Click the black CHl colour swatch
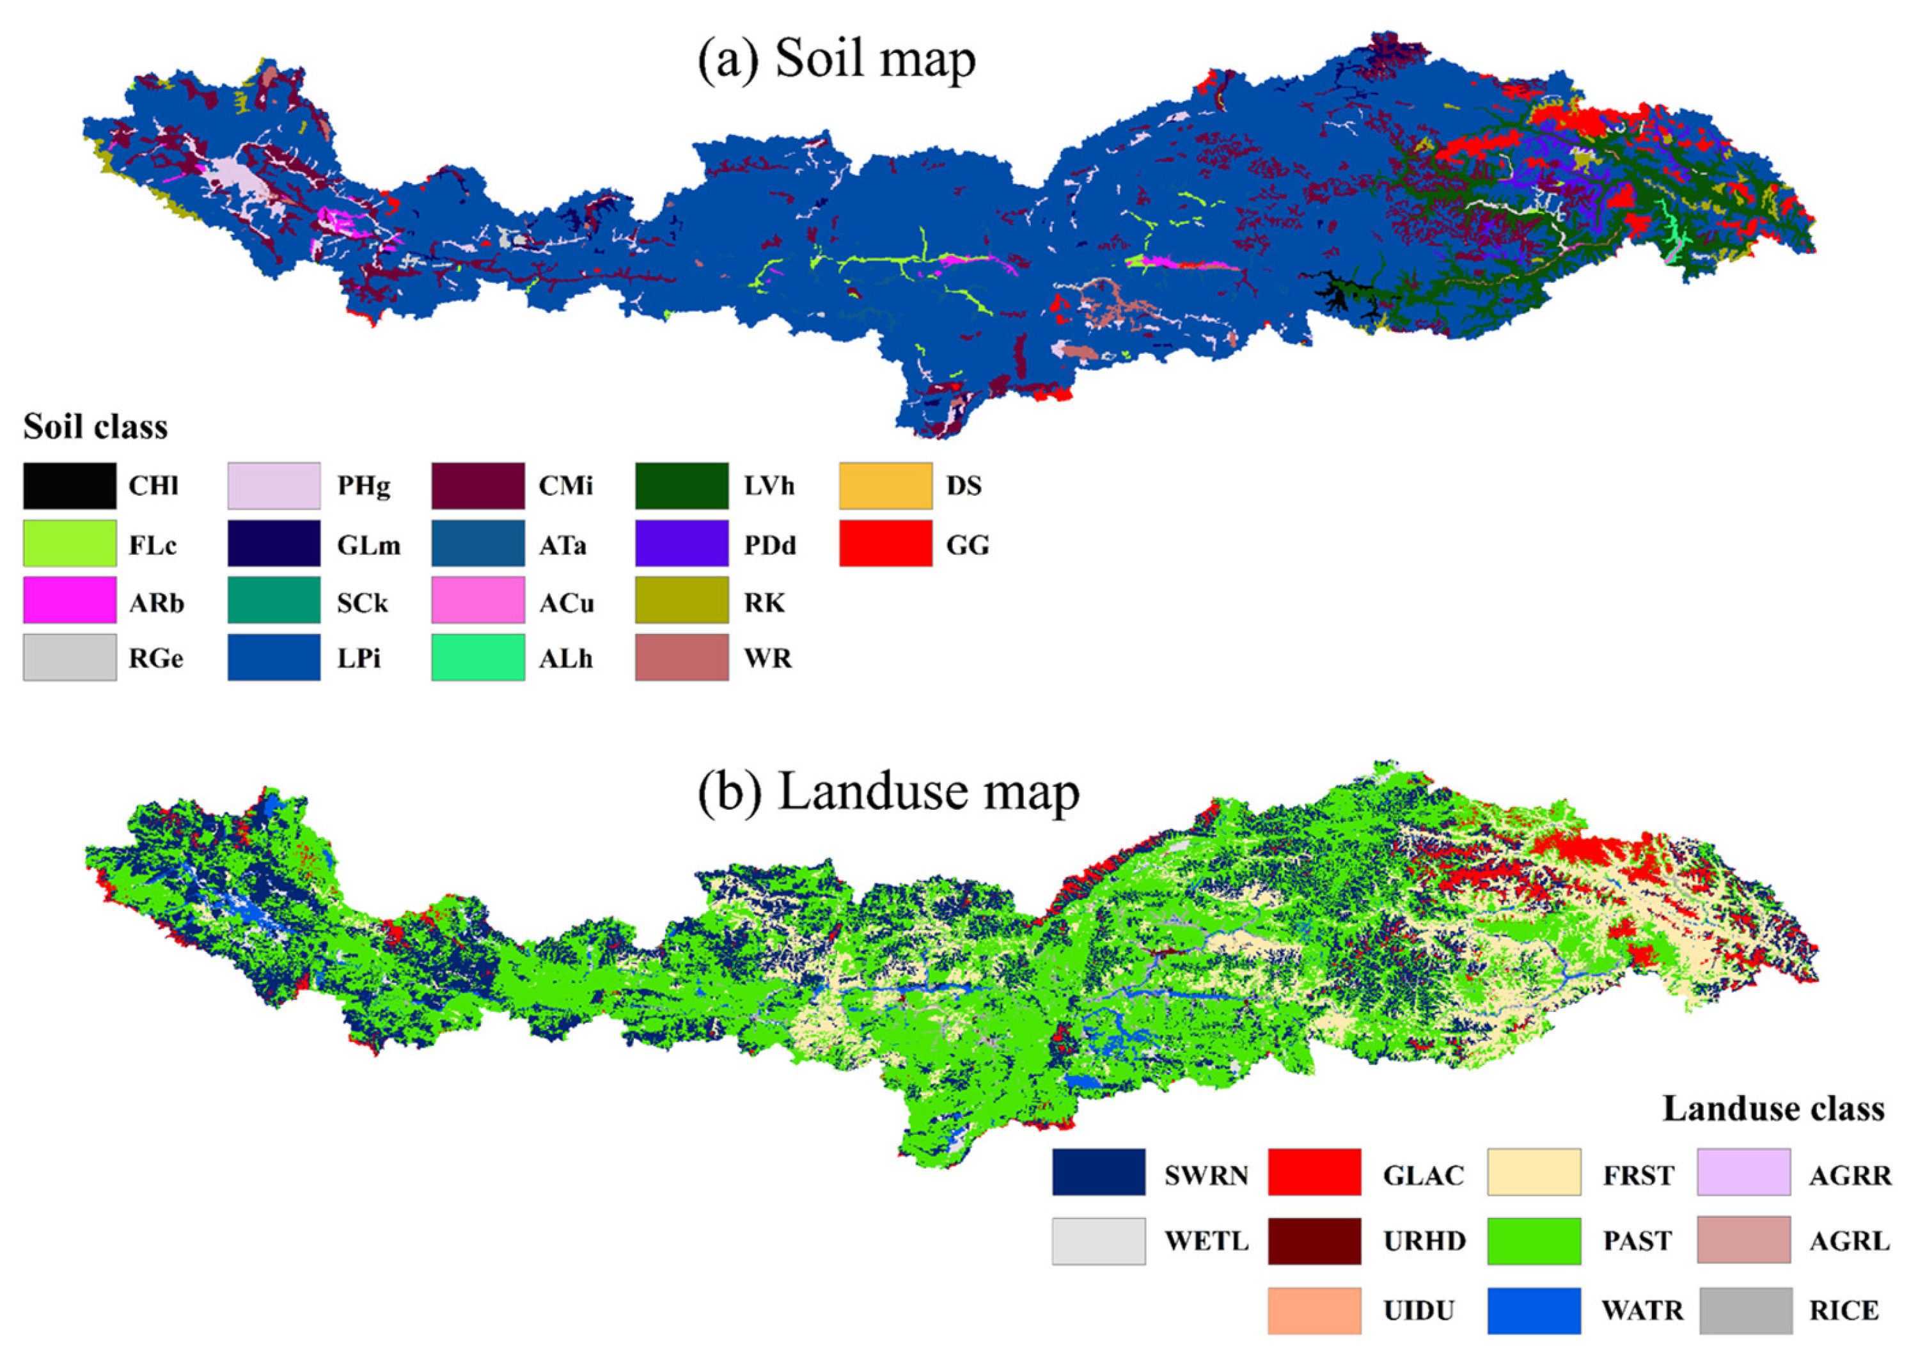click(70, 486)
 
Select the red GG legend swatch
click(885, 544)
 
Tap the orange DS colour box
click(885, 486)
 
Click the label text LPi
click(359, 659)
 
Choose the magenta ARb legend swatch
click(70, 601)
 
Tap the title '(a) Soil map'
click(836, 60)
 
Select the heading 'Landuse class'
click(1773, 1109)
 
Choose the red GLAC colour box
click(1314, 1172)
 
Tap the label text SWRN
click(1206, 1176)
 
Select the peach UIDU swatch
click(1314, 1310)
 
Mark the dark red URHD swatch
click(1314, 1241)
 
